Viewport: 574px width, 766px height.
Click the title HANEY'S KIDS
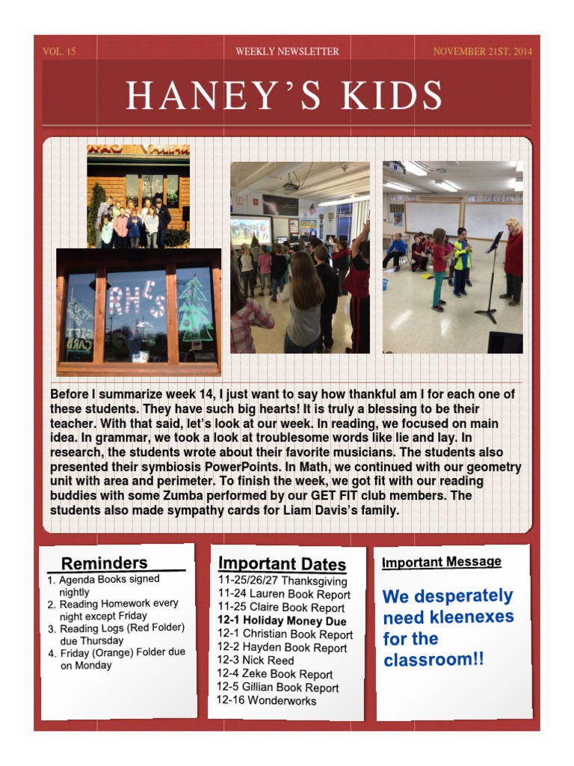[284, 95]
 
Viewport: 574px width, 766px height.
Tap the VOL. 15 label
[59, 52]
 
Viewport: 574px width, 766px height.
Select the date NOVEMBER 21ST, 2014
[483, 52]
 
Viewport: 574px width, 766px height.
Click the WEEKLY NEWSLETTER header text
[287, 52]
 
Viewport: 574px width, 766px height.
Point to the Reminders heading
[104, 563]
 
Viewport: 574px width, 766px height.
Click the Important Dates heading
[282, 564]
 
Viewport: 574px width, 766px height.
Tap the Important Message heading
[441, 562]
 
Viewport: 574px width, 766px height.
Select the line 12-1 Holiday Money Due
[282, 621]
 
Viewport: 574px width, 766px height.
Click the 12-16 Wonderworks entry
[266, 701]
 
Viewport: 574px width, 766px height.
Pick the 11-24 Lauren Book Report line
[284, 595]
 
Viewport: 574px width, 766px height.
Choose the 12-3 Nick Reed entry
[256, 661]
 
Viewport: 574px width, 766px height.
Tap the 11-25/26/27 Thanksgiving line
[283, 581]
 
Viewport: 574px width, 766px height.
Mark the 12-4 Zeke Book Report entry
[274, 674]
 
